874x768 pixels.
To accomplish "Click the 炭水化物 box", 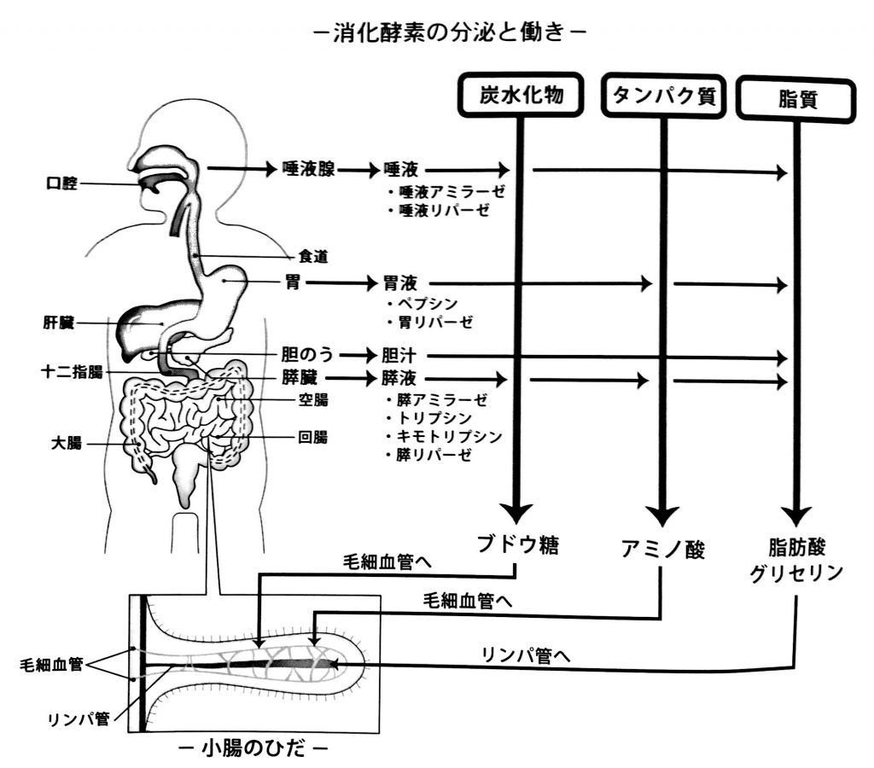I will point(520,96).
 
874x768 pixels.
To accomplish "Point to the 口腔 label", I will point(62,183).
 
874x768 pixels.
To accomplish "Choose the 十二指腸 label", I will point(72,372).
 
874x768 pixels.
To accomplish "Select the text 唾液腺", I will point(308,169).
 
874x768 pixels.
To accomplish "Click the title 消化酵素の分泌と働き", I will point(447,34).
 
